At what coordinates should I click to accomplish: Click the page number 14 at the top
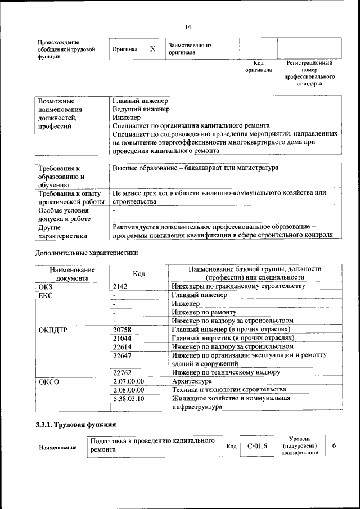[188, 27]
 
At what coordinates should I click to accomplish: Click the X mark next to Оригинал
[152, 49]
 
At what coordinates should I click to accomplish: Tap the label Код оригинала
[258, 67]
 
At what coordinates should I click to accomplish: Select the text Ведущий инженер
[141, 110]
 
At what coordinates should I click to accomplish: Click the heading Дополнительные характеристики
[87, 253]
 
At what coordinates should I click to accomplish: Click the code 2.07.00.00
[128, 381]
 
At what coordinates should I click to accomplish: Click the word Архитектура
[192, 381]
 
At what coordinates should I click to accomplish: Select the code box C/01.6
[257, 447]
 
